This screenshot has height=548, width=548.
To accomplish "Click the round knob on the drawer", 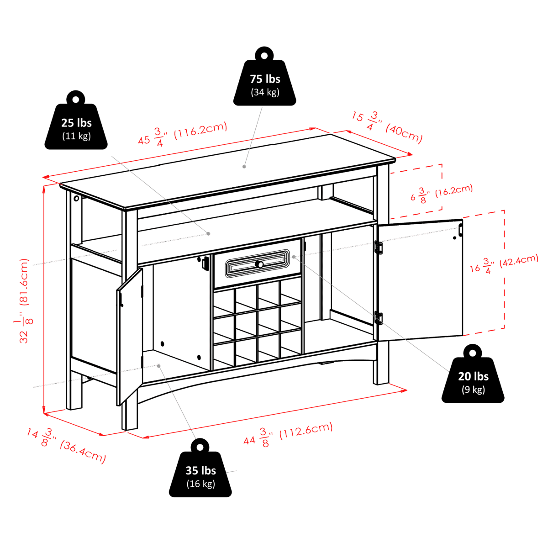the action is [x=259, y=264].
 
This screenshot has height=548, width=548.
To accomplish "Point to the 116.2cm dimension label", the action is [x=201, y=131].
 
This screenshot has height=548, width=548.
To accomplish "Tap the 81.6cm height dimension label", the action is [x=24, y=282].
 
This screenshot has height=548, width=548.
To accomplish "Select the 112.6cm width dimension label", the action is [x=306, y=432].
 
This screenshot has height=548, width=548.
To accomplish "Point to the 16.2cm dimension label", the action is [x=454, y=190].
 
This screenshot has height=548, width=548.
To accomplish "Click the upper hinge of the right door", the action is [x=379, y=248].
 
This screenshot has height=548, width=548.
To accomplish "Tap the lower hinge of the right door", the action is [x=379, y=318].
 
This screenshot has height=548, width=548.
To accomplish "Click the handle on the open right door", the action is [x=461, y=230].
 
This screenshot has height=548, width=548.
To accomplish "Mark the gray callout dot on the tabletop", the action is [x=244, y=167].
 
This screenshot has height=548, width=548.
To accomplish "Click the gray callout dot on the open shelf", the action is [x=208, y=233].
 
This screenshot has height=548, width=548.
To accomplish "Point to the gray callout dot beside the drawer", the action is [x=294, y=257].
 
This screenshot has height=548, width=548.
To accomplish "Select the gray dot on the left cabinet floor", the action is [x=159, y=366].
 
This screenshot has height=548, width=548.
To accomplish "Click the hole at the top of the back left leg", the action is [x=76, y=198].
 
